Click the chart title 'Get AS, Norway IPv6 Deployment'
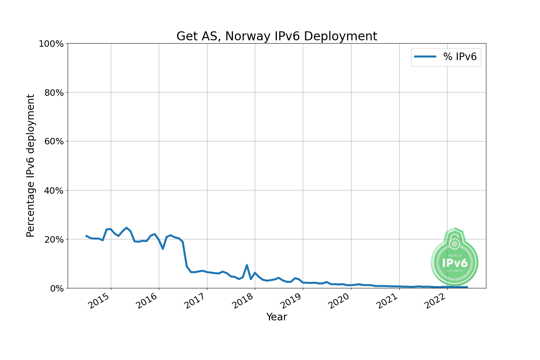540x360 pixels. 276,36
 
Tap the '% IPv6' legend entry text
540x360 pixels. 460,57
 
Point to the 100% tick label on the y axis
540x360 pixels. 51,44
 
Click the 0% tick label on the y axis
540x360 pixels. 57,289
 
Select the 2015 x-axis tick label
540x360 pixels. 99,301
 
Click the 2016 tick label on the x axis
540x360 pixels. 147,301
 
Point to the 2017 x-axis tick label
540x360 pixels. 195,301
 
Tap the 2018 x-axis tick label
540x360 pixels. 243,301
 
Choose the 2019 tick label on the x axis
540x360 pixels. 291,301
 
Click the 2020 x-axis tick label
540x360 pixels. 339,301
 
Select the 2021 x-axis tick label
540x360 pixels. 387,301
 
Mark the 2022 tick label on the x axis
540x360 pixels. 435,301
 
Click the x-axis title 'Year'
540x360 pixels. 276,317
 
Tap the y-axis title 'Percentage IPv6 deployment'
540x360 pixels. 31,166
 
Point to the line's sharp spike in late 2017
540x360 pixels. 247,265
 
